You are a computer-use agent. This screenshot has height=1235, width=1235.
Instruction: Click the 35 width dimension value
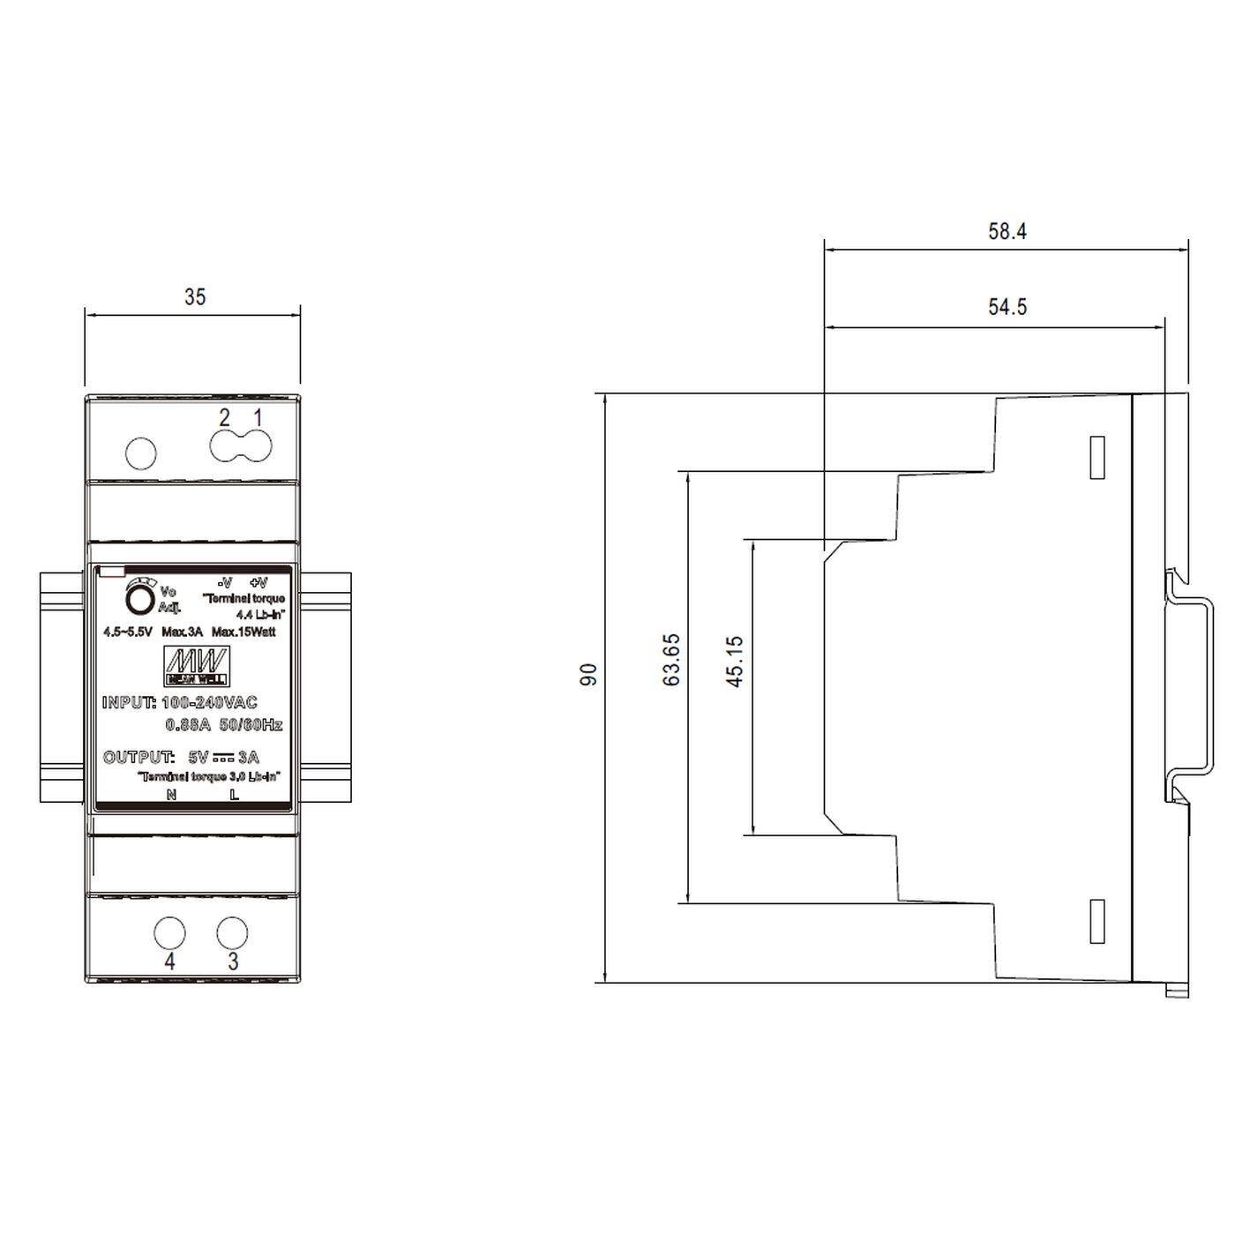tap(194, 297)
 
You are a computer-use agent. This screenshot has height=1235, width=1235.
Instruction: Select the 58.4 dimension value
tap(1007, 232)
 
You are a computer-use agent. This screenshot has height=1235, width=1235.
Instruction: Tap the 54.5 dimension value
tap(1007, 307)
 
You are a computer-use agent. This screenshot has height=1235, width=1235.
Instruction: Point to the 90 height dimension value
tap(588, 675)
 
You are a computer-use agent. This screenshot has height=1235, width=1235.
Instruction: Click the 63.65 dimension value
tap(671, 660)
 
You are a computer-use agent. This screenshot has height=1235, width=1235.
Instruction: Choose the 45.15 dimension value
tap(734, 662)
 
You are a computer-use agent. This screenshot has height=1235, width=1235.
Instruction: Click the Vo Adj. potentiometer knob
tap(139, 600)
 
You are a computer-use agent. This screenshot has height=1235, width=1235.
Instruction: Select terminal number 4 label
tap(169, 962)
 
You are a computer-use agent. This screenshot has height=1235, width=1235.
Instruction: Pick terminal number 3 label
tap(233, 962)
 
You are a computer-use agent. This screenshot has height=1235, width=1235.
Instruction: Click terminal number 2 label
tap(224, 417)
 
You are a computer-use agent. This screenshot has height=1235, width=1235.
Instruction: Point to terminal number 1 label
tap(258, 417)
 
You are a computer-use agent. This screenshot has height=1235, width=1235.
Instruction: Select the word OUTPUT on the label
tap(138, 758)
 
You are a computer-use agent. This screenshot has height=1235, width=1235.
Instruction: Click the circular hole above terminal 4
tap(169, 932)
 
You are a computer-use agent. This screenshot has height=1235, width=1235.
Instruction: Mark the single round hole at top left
tap(141, 453)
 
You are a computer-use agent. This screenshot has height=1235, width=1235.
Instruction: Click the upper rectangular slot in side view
tap(1097, 458)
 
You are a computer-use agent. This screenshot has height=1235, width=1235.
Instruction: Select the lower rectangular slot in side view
tap(1097, 922)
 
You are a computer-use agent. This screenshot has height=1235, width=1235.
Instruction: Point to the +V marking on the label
tap(258, 583)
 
